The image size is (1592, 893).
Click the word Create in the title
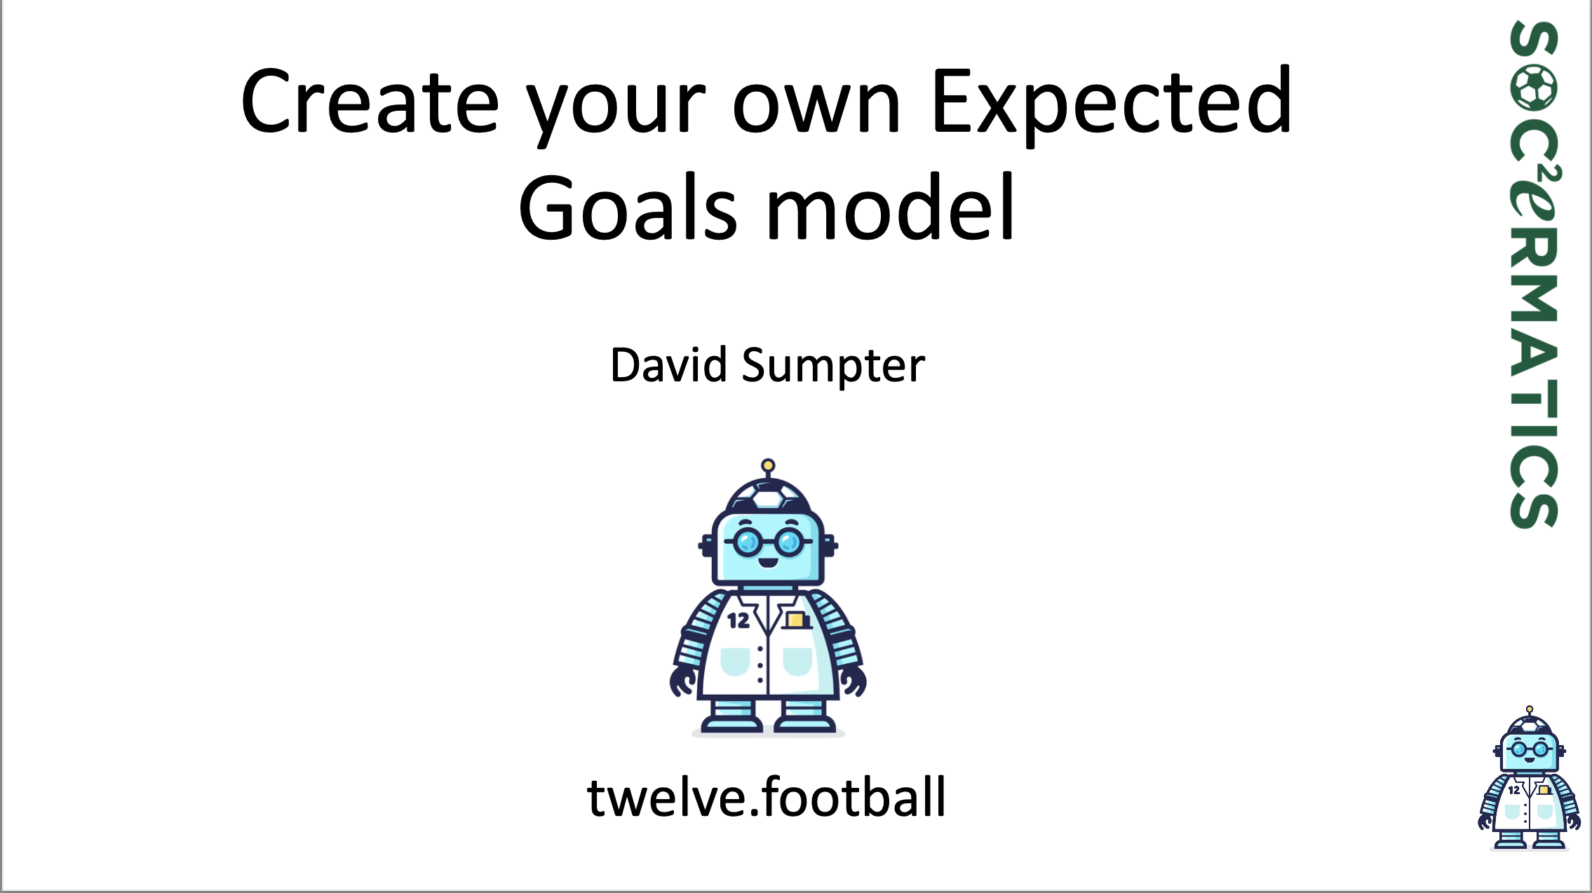370,102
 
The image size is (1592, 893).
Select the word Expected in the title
1112,102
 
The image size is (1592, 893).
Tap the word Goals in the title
628,208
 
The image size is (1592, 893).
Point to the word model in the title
891,208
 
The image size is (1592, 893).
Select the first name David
668,365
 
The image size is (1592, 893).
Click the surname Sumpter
833,365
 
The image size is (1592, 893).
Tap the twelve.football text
767,797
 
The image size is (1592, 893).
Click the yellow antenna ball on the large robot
768,465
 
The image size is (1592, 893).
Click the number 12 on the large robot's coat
738,620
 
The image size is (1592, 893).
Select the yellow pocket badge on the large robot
795,620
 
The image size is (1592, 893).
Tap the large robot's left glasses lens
748,541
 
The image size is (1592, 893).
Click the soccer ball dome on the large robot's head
768,496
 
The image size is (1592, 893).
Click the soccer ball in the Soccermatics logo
1534,88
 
